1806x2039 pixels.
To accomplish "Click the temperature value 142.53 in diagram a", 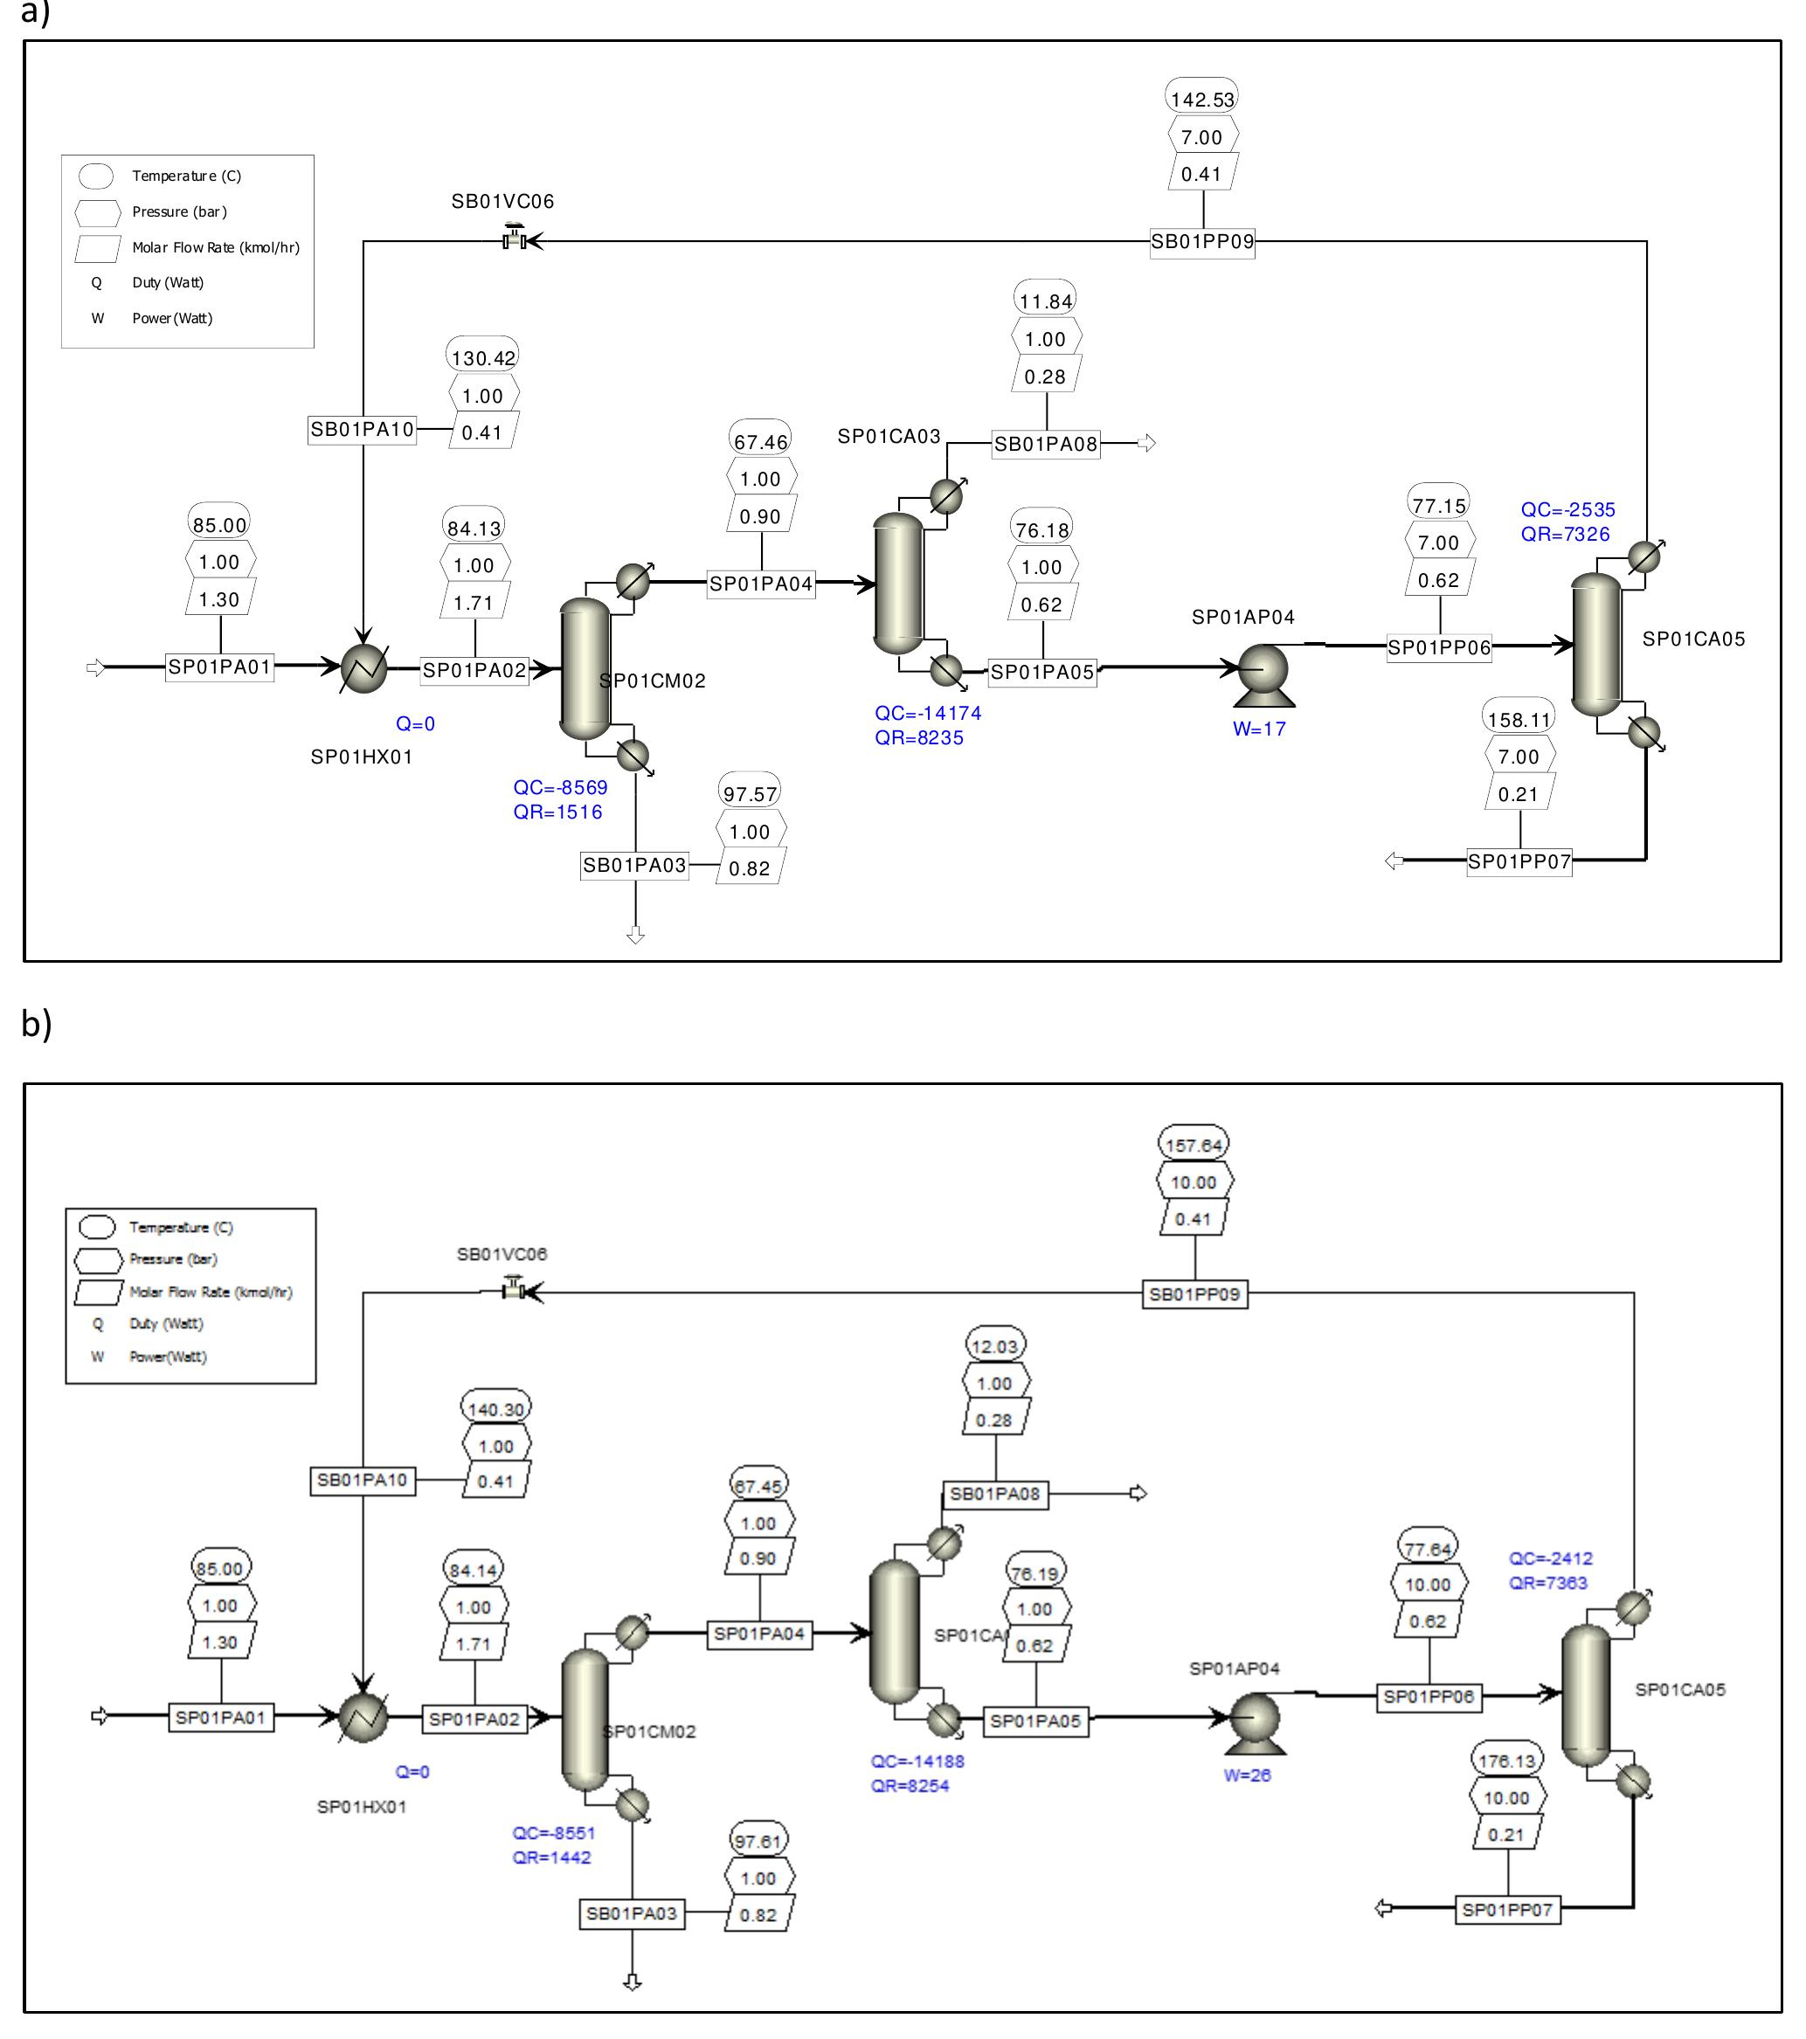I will [1201, 100].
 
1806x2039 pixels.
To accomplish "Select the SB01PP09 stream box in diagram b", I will [1194, 1294].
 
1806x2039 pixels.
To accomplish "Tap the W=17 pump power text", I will [1258, 729].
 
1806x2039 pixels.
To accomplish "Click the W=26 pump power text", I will [1246, 1776].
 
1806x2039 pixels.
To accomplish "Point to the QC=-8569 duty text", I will [560, 787].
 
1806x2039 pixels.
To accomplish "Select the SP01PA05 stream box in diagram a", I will [1041, 673].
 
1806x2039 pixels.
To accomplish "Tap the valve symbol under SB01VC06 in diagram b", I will [515, 1291].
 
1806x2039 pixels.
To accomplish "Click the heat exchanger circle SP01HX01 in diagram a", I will [363, 667].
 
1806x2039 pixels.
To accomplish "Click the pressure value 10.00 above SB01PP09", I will [1194, 1182].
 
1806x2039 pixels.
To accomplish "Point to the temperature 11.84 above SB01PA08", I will [1045, 301].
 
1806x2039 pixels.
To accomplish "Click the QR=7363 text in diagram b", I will [1547, 1583].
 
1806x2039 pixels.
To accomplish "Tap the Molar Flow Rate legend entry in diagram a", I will [216, 247].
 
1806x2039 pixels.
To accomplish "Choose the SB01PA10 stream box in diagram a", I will [361, 430].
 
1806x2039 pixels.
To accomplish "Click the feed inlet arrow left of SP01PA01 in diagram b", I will [99, 1716].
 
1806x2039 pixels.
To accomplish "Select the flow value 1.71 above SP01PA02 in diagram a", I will [473, 603].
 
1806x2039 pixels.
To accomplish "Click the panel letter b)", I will [36, 1024].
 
